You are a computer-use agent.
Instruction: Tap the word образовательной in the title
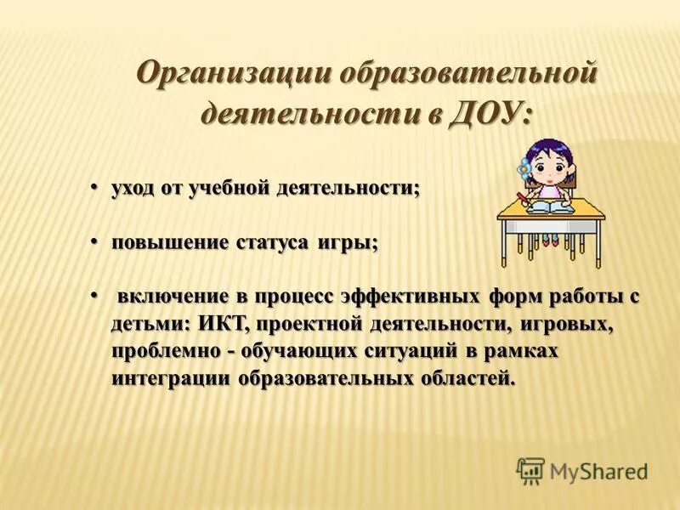(467, 74)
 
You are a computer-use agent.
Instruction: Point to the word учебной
(230, 189)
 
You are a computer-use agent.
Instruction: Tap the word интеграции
(171, 378)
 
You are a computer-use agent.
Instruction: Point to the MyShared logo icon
(530, 470)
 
